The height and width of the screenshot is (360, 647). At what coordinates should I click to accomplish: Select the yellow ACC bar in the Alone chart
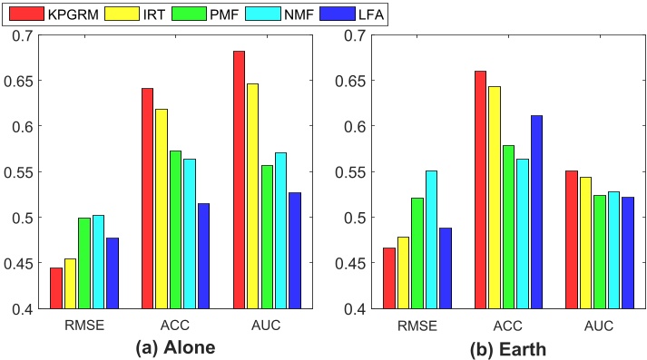coord(162,209)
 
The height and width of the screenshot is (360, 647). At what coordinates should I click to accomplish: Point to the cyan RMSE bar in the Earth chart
coord(432,239)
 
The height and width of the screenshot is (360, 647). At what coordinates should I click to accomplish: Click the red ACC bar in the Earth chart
coord(480,190)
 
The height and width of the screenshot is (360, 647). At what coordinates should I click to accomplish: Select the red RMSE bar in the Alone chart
coord(56,288)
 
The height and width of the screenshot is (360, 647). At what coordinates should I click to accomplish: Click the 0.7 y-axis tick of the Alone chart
coord(21,35)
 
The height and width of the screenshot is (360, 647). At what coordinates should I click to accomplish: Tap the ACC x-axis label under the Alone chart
coord(175,325)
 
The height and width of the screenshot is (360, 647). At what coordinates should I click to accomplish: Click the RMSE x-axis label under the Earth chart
coord(418,325)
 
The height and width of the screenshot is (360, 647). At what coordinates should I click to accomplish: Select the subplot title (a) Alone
coord(175,347)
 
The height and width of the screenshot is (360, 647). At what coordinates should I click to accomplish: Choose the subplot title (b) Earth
coord(508,347)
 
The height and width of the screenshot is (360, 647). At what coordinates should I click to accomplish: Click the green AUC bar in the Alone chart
coord(268,237)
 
